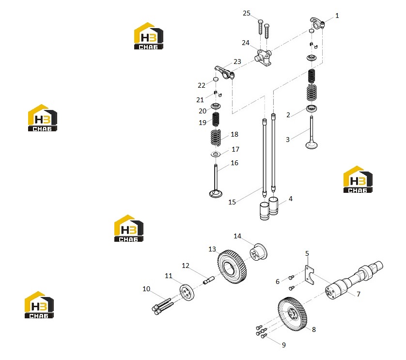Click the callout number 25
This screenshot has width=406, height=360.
tap(247, 13)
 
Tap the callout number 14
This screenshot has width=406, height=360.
tap(237, 236)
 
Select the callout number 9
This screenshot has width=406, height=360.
tap(284, 345)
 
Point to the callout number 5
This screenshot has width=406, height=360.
tap(307, 253)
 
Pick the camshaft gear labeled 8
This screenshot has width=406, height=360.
tap(293, 314)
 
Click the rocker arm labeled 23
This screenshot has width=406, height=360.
tap(224, 72)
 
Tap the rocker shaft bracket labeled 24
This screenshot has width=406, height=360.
tap(264, 57)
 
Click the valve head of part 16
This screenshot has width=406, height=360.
tap(216, 193)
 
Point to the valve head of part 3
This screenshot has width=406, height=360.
tap(312, 145)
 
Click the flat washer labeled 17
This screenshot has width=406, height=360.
tap(216, 155)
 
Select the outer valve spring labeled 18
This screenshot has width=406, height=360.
tap(216, 138)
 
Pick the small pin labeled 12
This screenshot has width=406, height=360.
tap(209, 280)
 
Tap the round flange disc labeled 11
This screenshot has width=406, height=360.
tap(187, 293)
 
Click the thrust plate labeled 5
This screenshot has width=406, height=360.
tap(309, 275)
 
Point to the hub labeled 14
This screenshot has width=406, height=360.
tap(258, 251)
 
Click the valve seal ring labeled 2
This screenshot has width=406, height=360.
tap(312, 108)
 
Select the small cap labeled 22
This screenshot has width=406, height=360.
tap(216, 78)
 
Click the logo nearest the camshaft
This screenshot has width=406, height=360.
tap(358, 179)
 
